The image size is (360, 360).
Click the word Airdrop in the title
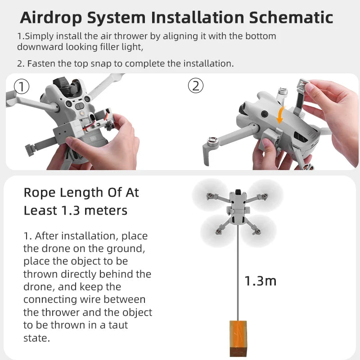[51, 18]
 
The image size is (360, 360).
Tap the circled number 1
[22, 86]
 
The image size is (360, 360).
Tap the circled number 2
[195, 85]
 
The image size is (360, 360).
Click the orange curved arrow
[281, 115]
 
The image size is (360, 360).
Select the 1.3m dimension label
[260, 281]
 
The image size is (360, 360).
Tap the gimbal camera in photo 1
[63, 85]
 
